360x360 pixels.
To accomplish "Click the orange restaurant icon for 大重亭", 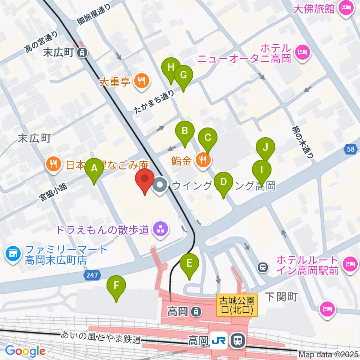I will tap(141, 80).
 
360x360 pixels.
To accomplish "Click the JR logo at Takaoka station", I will tap(218, 340).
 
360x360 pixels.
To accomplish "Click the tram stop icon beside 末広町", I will tap(81, 53).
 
